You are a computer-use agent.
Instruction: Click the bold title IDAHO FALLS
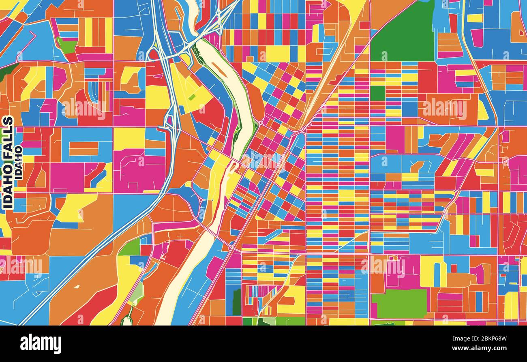coord(8,163)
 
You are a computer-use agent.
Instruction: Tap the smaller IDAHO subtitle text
coord(18,166)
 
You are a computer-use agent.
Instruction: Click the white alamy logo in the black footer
coord(41,344)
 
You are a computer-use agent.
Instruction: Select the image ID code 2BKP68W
coord(491,339)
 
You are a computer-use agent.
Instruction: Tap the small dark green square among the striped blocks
coord(377,93)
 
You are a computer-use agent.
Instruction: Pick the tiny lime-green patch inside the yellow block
coord(192,97)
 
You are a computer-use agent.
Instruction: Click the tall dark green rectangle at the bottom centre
coord(236,302)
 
